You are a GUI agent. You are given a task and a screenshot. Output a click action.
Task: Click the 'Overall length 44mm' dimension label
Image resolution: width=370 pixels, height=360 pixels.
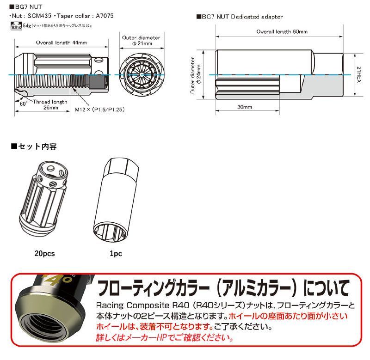pyautogui.click(x=62, y=43)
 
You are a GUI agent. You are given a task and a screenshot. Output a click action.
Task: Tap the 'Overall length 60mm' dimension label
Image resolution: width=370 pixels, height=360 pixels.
pyautogui.click(x=282, y=32)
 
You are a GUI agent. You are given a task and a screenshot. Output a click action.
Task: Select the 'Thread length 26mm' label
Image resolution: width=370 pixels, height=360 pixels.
pyautogui.click(x=50, y=104)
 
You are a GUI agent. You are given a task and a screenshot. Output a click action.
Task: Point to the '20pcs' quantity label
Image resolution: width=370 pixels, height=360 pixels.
pyautogui.click(x=44, y=253)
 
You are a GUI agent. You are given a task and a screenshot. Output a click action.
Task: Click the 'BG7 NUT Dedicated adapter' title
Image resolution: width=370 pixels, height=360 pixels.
pyautogui.click(x=242, y=17)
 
